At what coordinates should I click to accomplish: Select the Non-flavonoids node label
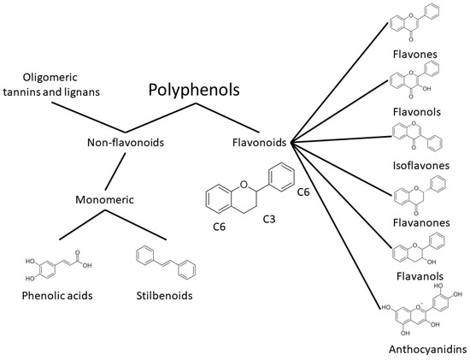[125, 144]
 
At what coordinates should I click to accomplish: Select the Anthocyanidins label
[414, 350]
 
